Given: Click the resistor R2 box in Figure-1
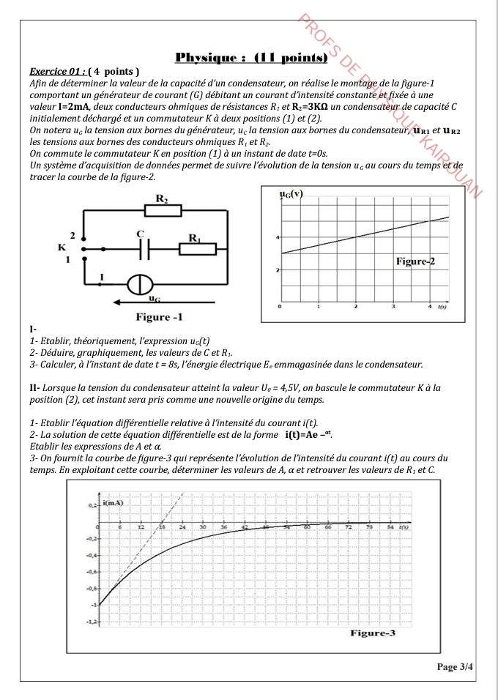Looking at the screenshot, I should point(162,211).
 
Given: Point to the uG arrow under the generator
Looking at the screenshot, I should point(154,301).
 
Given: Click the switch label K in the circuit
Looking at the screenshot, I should point(62,247).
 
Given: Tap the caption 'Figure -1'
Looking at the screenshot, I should point(160,317).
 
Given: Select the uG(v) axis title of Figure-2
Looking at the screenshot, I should point(291,194).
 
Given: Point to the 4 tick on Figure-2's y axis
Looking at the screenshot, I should point(278,237).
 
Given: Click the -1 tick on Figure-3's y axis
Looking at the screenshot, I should point(93,606).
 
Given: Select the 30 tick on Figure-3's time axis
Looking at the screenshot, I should point(203,527).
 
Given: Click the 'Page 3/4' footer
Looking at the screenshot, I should point(454,667).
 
